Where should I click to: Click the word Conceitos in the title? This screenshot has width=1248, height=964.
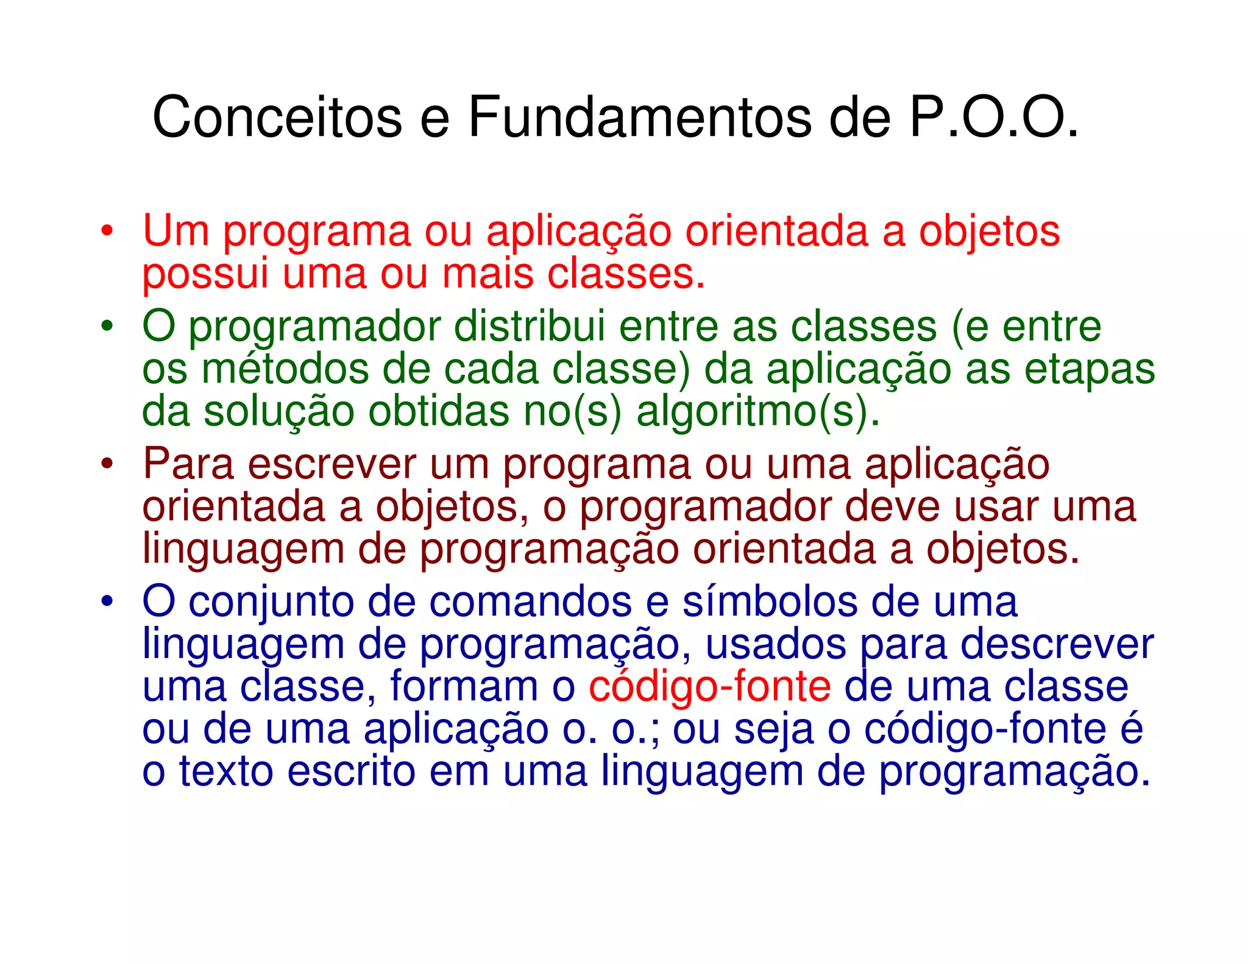[x=277, y=117]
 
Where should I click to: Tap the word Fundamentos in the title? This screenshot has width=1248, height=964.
[x=640, y=117]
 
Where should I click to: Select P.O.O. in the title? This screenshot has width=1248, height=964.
[x=993, y=117]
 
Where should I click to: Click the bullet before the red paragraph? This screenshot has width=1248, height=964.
[x=107, y=232]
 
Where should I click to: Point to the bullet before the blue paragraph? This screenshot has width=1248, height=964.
[x=107, y=602]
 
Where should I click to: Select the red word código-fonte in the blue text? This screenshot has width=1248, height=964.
[x=709, y=687]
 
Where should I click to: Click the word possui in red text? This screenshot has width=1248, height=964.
[x=205, y=274]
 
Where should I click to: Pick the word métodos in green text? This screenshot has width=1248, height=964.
[x=285, y=369]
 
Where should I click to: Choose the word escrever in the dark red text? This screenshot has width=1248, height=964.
[x=331, y=464]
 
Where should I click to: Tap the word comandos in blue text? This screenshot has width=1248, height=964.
[x=530, y=602]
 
